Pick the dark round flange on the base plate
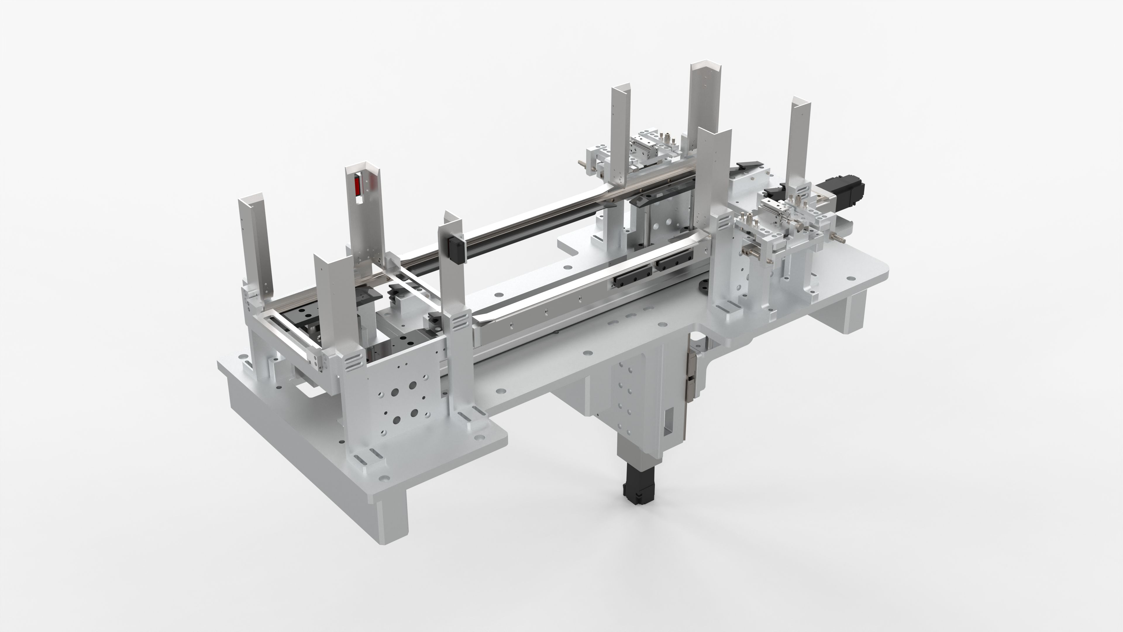pyautogui.click(x=836, y=288)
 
